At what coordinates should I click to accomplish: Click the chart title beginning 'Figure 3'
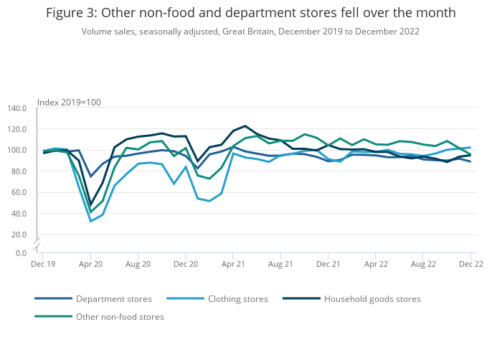(x=251, y=14)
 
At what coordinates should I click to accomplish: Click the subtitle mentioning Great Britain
(x=251, y=32)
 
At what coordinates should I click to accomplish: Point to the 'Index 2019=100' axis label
(x=69, y=102)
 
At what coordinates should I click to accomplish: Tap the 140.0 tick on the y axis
(x=16, y=108)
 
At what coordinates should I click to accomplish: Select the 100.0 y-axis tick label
(x=16, y=151)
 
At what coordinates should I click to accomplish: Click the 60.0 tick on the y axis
(x=17, y=192)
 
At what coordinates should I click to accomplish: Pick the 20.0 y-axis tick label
(x=17, y=235)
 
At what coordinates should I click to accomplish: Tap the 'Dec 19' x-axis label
(x=42, y=264)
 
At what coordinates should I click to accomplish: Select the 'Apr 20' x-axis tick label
(x=90, y=264)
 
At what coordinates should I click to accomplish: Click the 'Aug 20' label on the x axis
(x=138, y=264)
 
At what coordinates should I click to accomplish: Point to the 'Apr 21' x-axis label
(x=233, y=264)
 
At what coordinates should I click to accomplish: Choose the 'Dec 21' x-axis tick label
(x=328, y=264)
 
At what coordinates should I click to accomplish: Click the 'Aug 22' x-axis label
(x=423, y=264)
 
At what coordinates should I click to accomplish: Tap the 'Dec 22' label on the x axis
(x=470, y=264)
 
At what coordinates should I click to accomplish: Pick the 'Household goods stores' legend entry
(x=372, y=299)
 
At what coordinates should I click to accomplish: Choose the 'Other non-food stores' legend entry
(x=120, y=317)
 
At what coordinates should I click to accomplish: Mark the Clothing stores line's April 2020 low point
(x=90, y=221)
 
